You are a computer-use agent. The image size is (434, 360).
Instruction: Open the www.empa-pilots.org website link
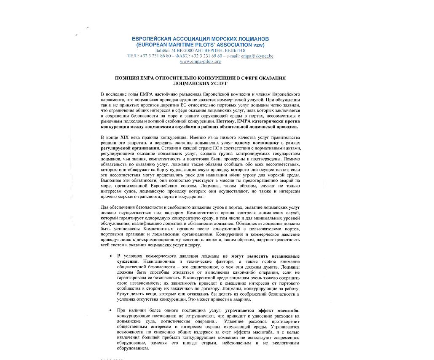[x=200, y=61]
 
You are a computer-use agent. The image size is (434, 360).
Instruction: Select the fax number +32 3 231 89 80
[x=207, y=56]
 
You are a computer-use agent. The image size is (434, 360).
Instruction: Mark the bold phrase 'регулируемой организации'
[x=130, y=149]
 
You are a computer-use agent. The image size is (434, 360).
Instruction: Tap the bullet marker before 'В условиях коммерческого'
[x=111, y=256]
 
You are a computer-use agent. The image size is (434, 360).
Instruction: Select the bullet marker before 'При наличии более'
[x=111, y=310]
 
